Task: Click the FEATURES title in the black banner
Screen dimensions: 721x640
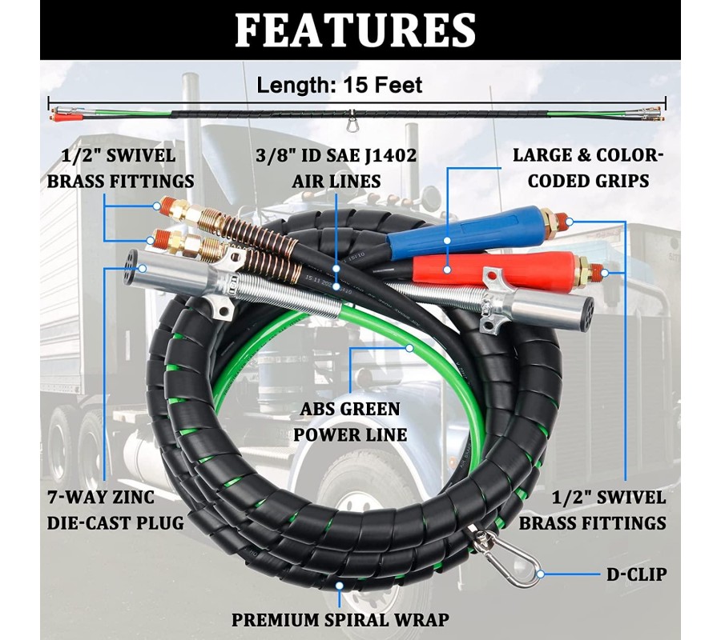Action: (x=355, y=30)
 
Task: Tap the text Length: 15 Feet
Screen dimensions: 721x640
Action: (x=340, y=86)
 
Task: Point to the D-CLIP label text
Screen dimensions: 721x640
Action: (x=636, y=574)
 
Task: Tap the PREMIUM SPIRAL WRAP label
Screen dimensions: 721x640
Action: (x=340, y=620)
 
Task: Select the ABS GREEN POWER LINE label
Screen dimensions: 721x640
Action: (x=350, y=422)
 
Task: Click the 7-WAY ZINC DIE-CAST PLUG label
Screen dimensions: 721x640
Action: (x=115, y=510)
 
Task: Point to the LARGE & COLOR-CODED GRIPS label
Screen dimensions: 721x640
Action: (x=588, y=168)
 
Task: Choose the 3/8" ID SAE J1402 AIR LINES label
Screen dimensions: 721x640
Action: (x=336, y=168)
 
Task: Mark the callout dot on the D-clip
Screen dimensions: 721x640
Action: (x=541, y=574)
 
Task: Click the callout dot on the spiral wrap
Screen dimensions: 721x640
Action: (x=340, y=586)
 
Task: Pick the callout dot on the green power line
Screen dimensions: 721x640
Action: (x=409, y=348)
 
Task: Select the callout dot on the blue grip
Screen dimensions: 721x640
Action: (x=446, y=240)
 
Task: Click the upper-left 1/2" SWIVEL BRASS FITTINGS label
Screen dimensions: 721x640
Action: (x=120, y=168)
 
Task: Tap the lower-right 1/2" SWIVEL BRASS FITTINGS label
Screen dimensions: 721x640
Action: (x=593, y=510)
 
